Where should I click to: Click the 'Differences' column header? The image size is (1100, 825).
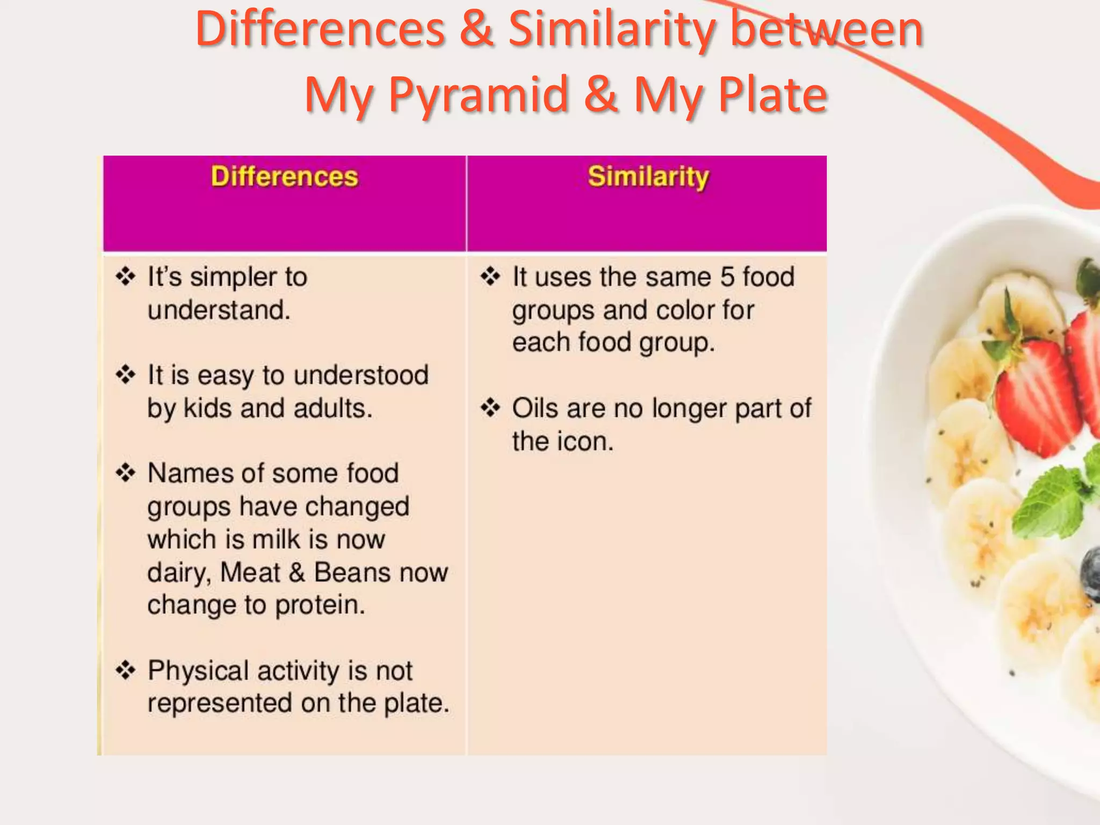click(284, 177)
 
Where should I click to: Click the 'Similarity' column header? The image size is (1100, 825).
click(648, 177)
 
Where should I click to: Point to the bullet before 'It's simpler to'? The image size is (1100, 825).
click(125, 277)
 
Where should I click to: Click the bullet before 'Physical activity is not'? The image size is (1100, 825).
click(125, 670)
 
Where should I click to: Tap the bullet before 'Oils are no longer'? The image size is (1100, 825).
click(490, 408)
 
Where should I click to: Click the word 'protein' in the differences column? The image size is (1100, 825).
click(320, 605)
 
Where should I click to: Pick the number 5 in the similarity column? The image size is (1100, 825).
click(727, 277)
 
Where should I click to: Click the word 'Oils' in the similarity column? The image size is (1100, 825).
click(535, 408)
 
